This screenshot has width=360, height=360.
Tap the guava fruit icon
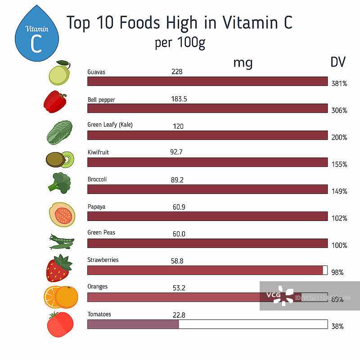pos(60,73)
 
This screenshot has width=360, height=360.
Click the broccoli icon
pos(59,182)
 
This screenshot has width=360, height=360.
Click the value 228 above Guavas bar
pos(177,72)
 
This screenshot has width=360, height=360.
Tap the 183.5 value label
pos(179,99)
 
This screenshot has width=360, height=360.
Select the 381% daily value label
pos(339,83)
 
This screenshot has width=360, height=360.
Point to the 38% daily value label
pos(338,326)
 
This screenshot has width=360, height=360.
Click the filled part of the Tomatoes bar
pos(133,324)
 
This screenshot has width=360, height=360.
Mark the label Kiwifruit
pos(98,153)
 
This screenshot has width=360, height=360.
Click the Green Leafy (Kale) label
pos(110,125)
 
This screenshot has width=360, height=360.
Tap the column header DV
pos(338,62)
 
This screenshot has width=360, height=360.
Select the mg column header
pos(243,63)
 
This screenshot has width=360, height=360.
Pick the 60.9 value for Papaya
pos(178,207)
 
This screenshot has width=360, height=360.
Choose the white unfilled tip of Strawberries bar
pos(325,270)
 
